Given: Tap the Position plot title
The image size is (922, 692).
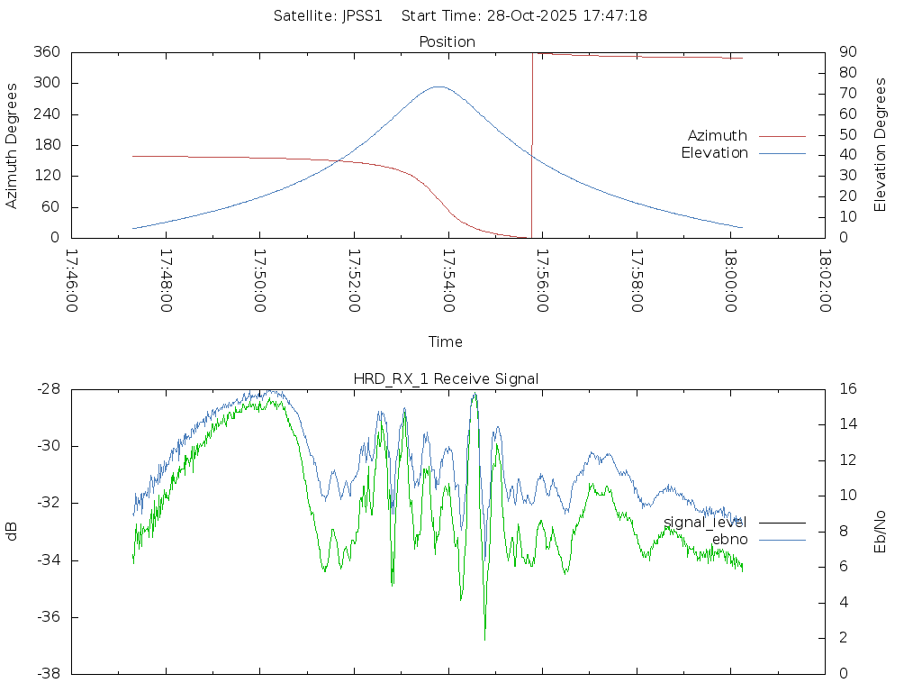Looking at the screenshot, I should click(x=447, y=41).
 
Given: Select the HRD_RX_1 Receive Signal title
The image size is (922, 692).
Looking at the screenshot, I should click(x=446, y=378).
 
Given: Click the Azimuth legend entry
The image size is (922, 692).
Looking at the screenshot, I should click(x=718, y=135).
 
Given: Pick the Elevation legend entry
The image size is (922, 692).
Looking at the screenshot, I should click(x=714, y=153).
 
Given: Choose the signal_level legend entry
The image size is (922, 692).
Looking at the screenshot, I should click(x=705, y=522).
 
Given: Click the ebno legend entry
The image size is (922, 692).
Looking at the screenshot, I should click(x=729, y=539).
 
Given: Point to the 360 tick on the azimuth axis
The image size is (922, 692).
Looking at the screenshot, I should click(x=47, y=52).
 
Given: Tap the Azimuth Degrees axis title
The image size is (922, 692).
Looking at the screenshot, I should click(x=13, y=145).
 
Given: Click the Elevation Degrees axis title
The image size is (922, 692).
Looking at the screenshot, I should click(x=881, y=145).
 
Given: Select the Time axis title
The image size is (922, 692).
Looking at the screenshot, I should click(x=446, y=341).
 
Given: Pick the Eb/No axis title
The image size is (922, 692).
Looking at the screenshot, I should click(x=881, y=531).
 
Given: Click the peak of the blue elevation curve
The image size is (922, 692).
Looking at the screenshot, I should click(x=438, y=86).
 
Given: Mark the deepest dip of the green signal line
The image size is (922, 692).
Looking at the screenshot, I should click(x=484, y=639).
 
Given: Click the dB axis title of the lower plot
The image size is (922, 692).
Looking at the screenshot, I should click(x=13, y=531).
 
